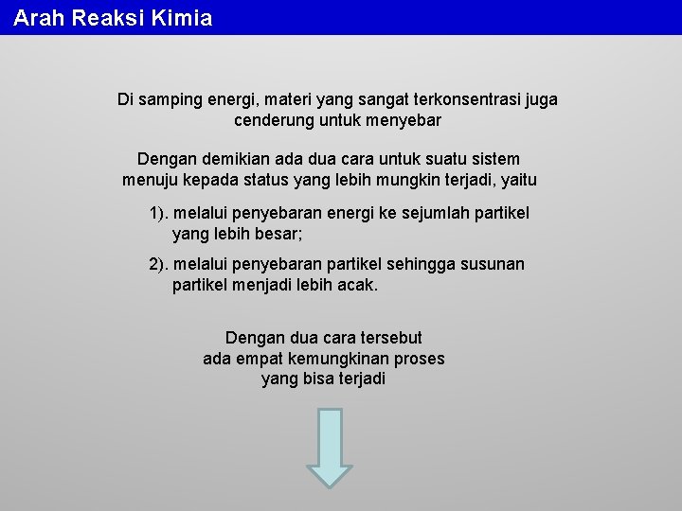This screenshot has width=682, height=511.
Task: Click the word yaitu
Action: (518, 180)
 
